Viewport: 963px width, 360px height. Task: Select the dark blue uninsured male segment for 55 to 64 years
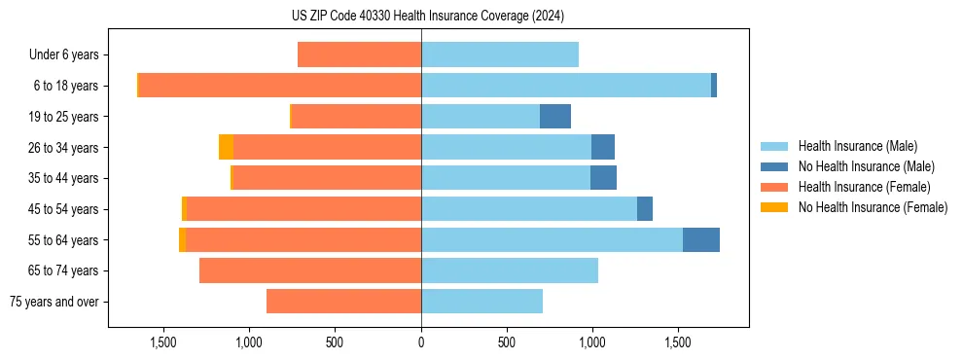tap(700, 239)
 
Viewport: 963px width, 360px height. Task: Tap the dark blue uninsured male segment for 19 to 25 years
tap(555, 117)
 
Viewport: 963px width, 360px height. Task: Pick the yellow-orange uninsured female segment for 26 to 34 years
tap(226, 147)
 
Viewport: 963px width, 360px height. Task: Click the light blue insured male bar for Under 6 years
tap(500, 54)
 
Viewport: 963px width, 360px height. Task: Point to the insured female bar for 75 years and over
tap(343, 302)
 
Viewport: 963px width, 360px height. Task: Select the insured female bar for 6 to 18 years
tap(280, 86)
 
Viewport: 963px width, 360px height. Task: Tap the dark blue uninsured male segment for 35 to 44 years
tap(603, 178)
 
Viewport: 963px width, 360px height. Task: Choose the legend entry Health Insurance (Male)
tap(857, 146)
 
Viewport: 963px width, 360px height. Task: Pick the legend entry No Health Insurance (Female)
tap(873, 207)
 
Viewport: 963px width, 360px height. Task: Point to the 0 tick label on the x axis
tap(421, 342)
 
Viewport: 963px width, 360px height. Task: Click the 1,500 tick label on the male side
tap(678, 342)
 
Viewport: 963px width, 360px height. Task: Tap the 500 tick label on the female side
tap(335, 342)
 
